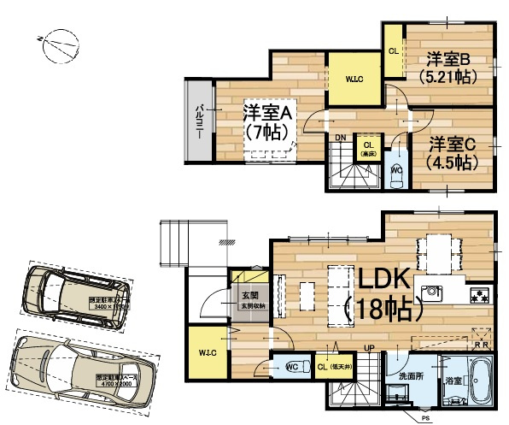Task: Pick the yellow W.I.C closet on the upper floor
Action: point(355,80)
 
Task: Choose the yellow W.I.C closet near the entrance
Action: point(208,351)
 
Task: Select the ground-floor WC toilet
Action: point(290,368)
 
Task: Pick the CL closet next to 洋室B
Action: point(393,50)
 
